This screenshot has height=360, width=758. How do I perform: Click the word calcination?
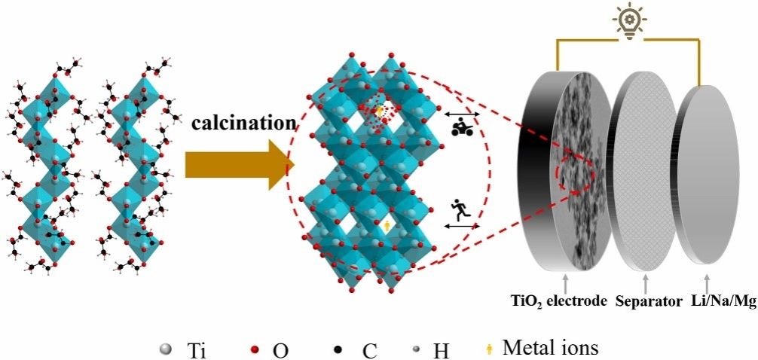click(240, 122)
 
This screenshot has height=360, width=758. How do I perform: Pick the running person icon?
click(461, 209)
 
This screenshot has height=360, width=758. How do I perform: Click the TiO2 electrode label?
click(565, 301)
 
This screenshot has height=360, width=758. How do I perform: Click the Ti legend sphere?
click(166, 349)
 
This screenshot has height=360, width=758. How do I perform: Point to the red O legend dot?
click(255, 349)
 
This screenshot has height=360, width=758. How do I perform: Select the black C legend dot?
click(338, 349)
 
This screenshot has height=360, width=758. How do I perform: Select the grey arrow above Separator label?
click(645, 283)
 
